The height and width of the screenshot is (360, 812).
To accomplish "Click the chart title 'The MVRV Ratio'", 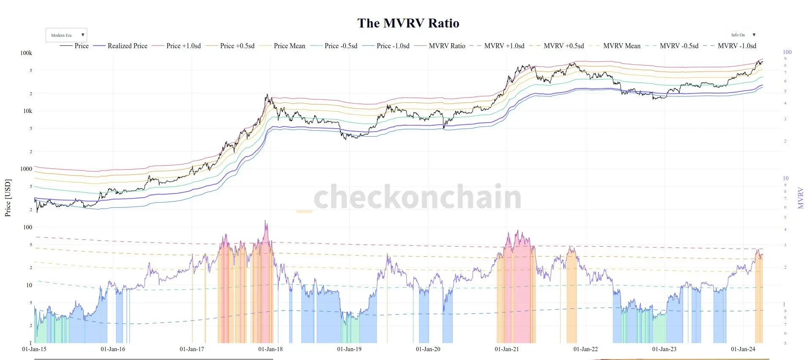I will pyautogui.click(x=408, y=23).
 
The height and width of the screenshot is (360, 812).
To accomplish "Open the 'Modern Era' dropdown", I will pyautogui.click(x=66, y=35).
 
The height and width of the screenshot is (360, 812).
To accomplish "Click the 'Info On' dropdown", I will pyautogui.click(x=743, y=35).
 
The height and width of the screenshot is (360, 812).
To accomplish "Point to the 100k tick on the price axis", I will pyautogui.click(x=26, y=53).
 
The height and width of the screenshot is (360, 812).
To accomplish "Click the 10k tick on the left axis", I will pyautogui.click(x=27, y=111).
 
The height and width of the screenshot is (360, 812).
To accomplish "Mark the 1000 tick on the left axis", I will pyautogui.click(x=26, y=169).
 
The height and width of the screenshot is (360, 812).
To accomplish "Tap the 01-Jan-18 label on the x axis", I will pyautogui.click(x=271, y=349).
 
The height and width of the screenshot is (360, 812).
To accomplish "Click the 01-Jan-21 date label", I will pyautogui.click(x=507, y=349).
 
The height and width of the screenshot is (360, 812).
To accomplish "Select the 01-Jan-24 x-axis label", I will pyautogui.click(x=743, y=349).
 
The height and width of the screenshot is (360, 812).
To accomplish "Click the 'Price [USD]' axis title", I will pyautogui.click(x=8, y=198).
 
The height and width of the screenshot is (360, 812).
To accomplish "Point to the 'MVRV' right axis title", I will pyautogui.click(x=800, y=198).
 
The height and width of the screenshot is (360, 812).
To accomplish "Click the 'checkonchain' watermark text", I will pyautogui.click(x=417, y=197).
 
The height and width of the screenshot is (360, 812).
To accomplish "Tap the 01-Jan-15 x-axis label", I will pyautogui.click(x=34, y=349).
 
